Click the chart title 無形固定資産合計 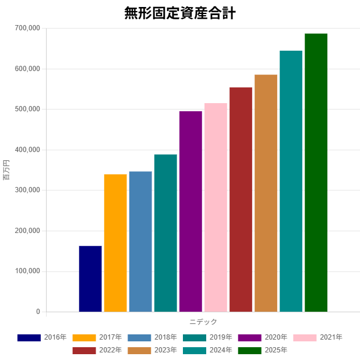(x=179, y=13)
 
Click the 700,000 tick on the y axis (x=26, y=28)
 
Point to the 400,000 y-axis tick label (x=26, y=150)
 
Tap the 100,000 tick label (x=26, y=271)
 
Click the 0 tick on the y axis (x=37, y=312)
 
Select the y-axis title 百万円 (x=7, y=170)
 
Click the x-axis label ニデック (x=203, y=322)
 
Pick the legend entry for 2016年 (x=41, y=337)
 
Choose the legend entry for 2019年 (x=207, y=337)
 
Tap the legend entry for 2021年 (x=317, y=337)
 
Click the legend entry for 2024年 (x=207, y=350)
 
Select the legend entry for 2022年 (x=97, y=350)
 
